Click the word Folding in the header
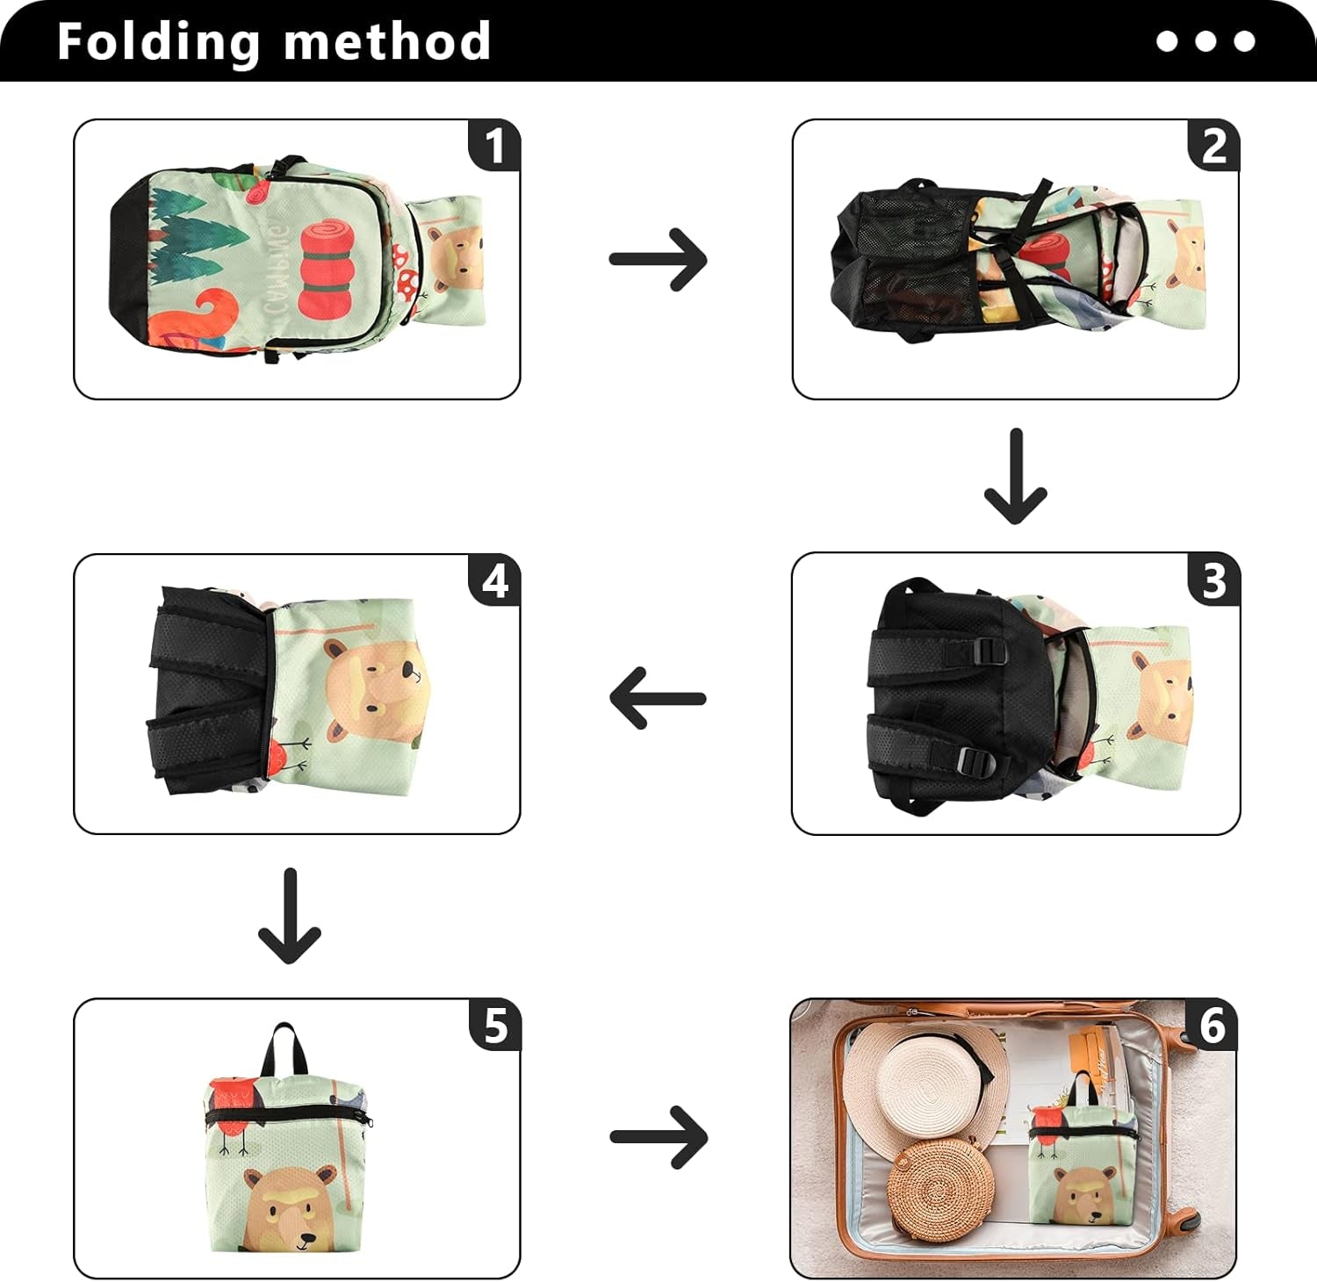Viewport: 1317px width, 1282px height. coord(158,42)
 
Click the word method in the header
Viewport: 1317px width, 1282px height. coord(386,42)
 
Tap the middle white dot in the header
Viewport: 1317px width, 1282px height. coord(1205,41)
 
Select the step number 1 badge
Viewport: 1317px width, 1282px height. coord(494,145)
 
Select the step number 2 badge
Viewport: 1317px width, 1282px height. coord(1213,145)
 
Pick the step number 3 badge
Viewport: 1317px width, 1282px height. coord(1213,580)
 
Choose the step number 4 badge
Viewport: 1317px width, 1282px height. coord(494,580)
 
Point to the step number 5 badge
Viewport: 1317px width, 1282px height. coord(494,1025)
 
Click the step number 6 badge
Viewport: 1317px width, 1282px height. coord(1212,1025)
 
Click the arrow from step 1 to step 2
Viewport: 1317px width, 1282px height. coord(658,259)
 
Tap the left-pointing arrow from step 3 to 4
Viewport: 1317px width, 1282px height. coord(658,698)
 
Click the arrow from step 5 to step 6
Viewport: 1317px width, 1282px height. coord(658,1137)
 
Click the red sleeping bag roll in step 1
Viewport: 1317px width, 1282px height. coord(324,268)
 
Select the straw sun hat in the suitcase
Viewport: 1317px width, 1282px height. coord(922,1084)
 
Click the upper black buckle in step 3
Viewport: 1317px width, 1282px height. coord(988,652)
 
